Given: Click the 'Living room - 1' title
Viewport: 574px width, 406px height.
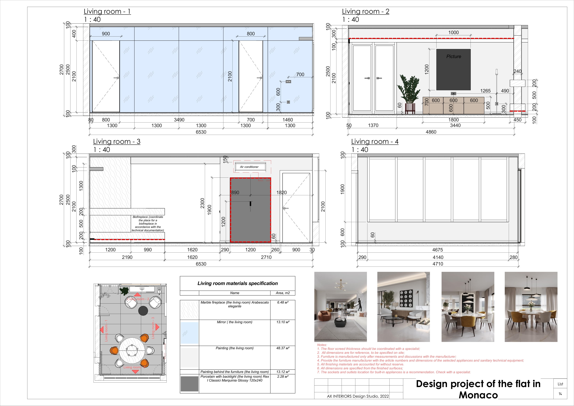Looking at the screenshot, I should tap(107, 11).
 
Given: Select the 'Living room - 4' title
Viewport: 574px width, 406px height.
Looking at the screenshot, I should tap(375, 141).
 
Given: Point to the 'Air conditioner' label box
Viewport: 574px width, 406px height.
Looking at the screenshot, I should tap(249, 167).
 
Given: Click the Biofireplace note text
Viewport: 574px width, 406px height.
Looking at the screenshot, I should tap(148, 224).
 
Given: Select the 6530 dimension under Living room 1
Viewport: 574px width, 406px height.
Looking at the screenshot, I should tap(201, 132).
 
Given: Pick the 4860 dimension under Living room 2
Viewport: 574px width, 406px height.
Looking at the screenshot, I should tap(431, 132).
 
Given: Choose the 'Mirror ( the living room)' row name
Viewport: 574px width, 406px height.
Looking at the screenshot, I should tap(234, 322).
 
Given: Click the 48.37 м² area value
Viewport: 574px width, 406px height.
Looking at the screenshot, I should tap(283, 348).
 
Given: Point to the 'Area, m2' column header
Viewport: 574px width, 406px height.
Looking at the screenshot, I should tap(283, 293).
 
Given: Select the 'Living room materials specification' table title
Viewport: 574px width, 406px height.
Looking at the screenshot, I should tap(237, 283).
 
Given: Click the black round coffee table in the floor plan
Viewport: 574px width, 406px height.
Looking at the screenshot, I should tap(143, 311).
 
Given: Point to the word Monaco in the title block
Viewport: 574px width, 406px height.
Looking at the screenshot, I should tap(478, 395).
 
